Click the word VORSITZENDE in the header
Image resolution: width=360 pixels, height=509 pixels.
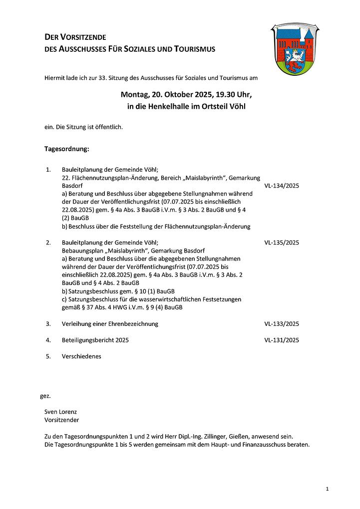click(83, 37)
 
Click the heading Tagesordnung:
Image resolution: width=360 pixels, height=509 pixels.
click(67, 149)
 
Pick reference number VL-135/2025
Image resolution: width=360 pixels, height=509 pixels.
click(282, 243)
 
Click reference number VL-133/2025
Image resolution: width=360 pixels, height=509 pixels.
click(282, 324)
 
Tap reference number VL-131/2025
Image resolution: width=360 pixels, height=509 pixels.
click(282, 340)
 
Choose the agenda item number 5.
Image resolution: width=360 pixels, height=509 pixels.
click(48, 357)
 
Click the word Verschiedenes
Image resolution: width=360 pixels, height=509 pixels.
click(81, 357)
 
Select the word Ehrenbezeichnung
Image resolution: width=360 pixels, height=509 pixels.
click(132, 324)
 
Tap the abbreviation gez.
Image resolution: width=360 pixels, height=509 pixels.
click(45, 396)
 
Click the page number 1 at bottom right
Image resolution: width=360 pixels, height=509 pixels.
click(327, 489)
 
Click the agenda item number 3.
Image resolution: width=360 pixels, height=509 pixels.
click(48, 324)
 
